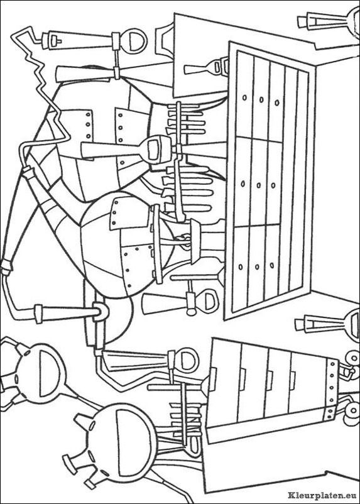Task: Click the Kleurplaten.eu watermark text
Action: pyautogui.click(x=322, y=495)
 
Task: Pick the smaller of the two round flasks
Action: pyautogui.click(x=35, y=373)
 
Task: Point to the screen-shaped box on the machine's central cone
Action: pyautogui.click(x=156, y=147)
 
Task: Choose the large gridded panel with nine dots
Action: pyautogui.click(x=270, y=180)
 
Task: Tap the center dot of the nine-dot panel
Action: pyautogui.click(x=258, y=185)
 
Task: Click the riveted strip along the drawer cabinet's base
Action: pyautogui.click(x=332, y=390)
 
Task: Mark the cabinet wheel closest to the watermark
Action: pyautogui.click(x=351, y=412)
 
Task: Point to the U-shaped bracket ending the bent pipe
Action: pyautogui.click(x=101, y=311)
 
